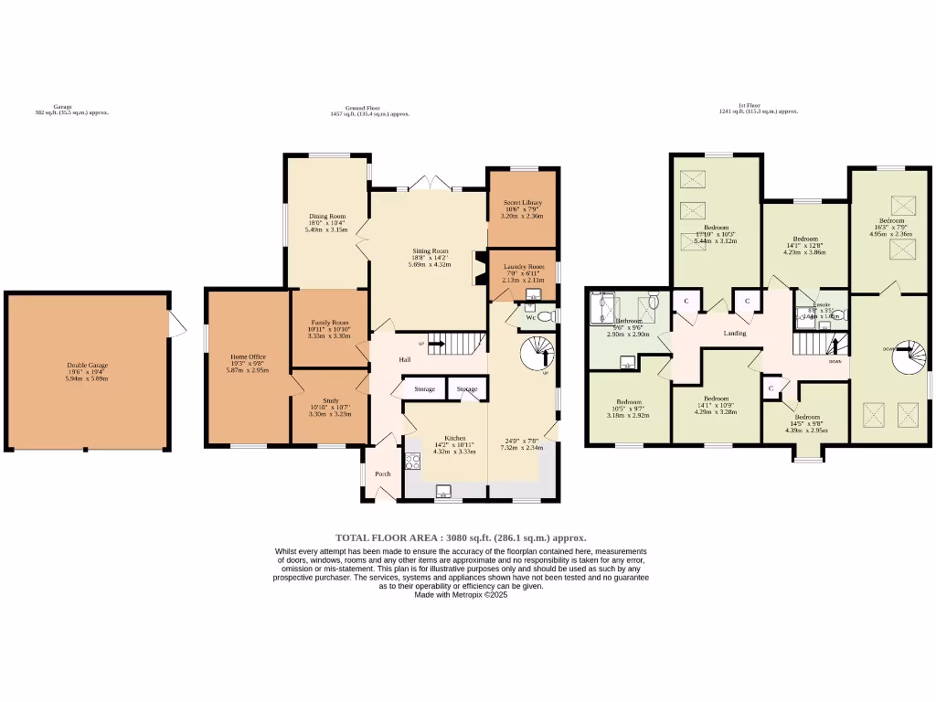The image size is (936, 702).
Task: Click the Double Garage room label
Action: coord(87,366)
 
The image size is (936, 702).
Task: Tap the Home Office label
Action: coord(248,356)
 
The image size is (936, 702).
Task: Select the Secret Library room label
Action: coord(523,202)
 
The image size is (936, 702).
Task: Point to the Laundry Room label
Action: coord(523,267)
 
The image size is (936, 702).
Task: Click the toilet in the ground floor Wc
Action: coord(546,316)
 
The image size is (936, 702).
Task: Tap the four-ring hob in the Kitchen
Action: coord(411,462)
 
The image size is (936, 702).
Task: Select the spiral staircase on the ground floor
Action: coord(537,352)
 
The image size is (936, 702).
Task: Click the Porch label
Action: coord(383,473)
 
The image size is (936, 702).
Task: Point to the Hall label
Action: coord(404,359)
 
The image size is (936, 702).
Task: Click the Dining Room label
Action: coord(325,217)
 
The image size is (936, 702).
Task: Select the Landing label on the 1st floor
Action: coord(735,334)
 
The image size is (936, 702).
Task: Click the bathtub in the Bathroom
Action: coord(605,308)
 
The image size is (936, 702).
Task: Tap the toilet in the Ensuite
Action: coord(838,314)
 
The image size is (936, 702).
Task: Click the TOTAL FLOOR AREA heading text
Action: coord(461,537)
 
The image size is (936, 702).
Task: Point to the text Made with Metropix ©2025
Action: coord(461,594)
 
